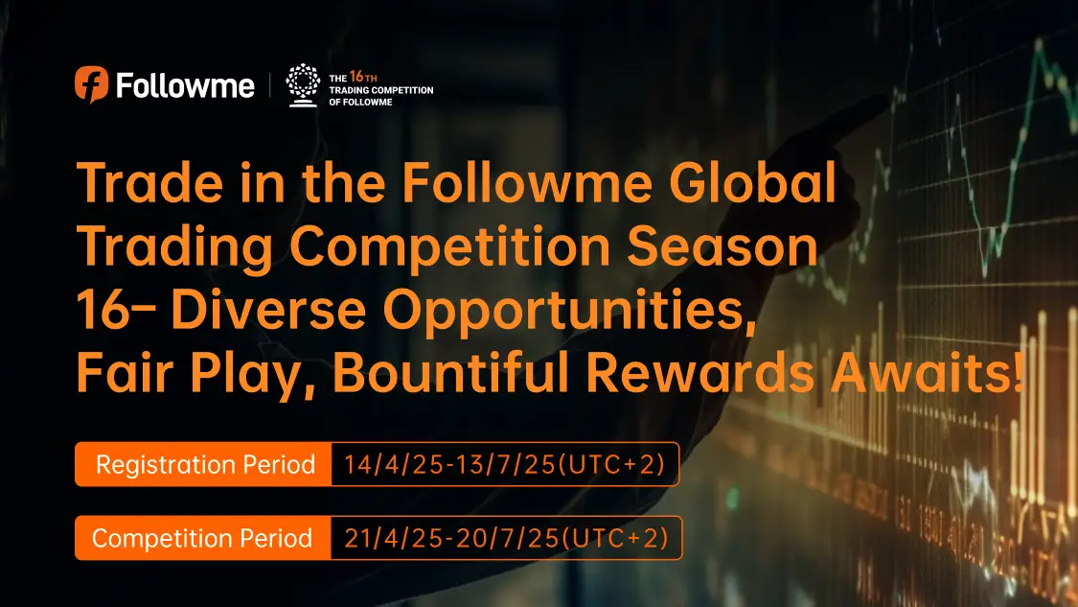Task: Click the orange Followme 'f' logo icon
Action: click(91, 84)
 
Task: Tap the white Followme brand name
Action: click(185, 86)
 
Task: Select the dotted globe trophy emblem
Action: click(303, 85)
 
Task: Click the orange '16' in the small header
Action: click(356, 77)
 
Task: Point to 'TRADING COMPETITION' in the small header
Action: click(380, 90)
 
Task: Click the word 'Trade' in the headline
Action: click(149, 182)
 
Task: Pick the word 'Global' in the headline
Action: click(753, 182)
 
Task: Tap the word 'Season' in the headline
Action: click(722, 246)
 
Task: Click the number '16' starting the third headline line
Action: click(102, 309)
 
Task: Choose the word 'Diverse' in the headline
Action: click(268, 309)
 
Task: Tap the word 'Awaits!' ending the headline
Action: click(927, 372)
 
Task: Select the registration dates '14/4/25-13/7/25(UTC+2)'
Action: click(505, 464)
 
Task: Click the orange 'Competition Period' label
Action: click(203, 538)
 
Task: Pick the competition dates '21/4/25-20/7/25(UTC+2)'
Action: click(506, 538)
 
